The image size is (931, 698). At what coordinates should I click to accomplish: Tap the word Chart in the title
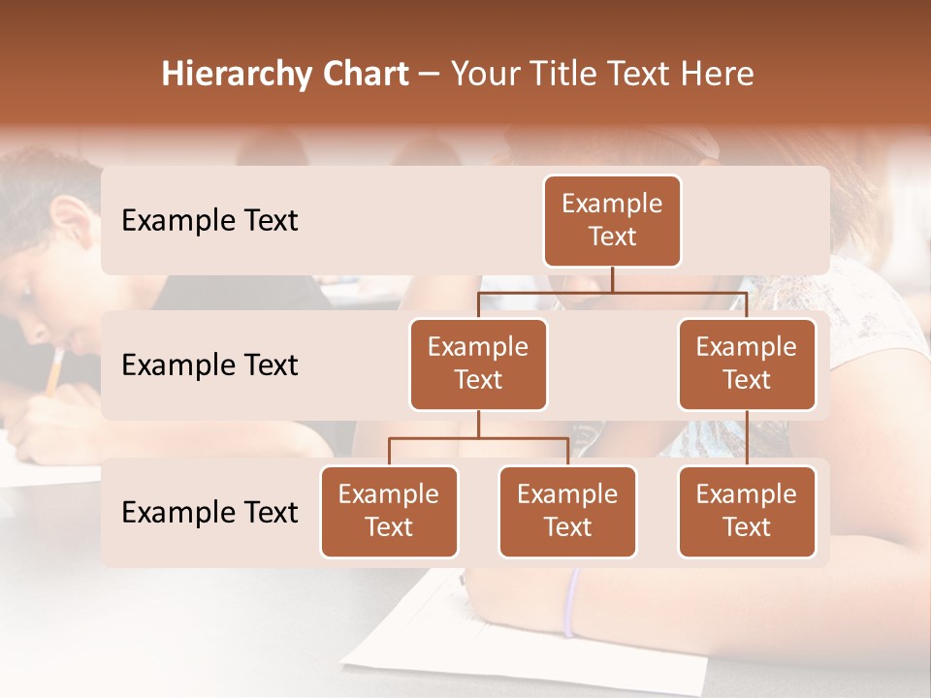click(361, 75)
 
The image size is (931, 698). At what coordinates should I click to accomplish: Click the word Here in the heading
click(718, 75)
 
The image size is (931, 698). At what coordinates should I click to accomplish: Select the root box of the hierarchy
click(612, 220)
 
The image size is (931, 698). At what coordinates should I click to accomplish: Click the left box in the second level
click(478, 364)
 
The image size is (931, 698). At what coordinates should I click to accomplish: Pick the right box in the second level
click(747, 364)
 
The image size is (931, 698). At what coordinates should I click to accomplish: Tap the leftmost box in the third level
click(389, 511)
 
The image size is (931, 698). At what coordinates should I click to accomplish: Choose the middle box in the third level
click(567, 511)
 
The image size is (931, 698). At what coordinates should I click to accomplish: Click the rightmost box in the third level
click(747, 511)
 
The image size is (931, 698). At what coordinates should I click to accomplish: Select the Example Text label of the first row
click(209, 221)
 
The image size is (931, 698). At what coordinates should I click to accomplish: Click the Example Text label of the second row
click(209, 365)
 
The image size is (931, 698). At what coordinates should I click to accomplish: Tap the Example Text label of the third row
click(209, 512)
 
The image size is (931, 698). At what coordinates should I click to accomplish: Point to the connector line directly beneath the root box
click(612, 279)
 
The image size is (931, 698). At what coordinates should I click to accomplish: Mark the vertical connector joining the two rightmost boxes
click(747, 437)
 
